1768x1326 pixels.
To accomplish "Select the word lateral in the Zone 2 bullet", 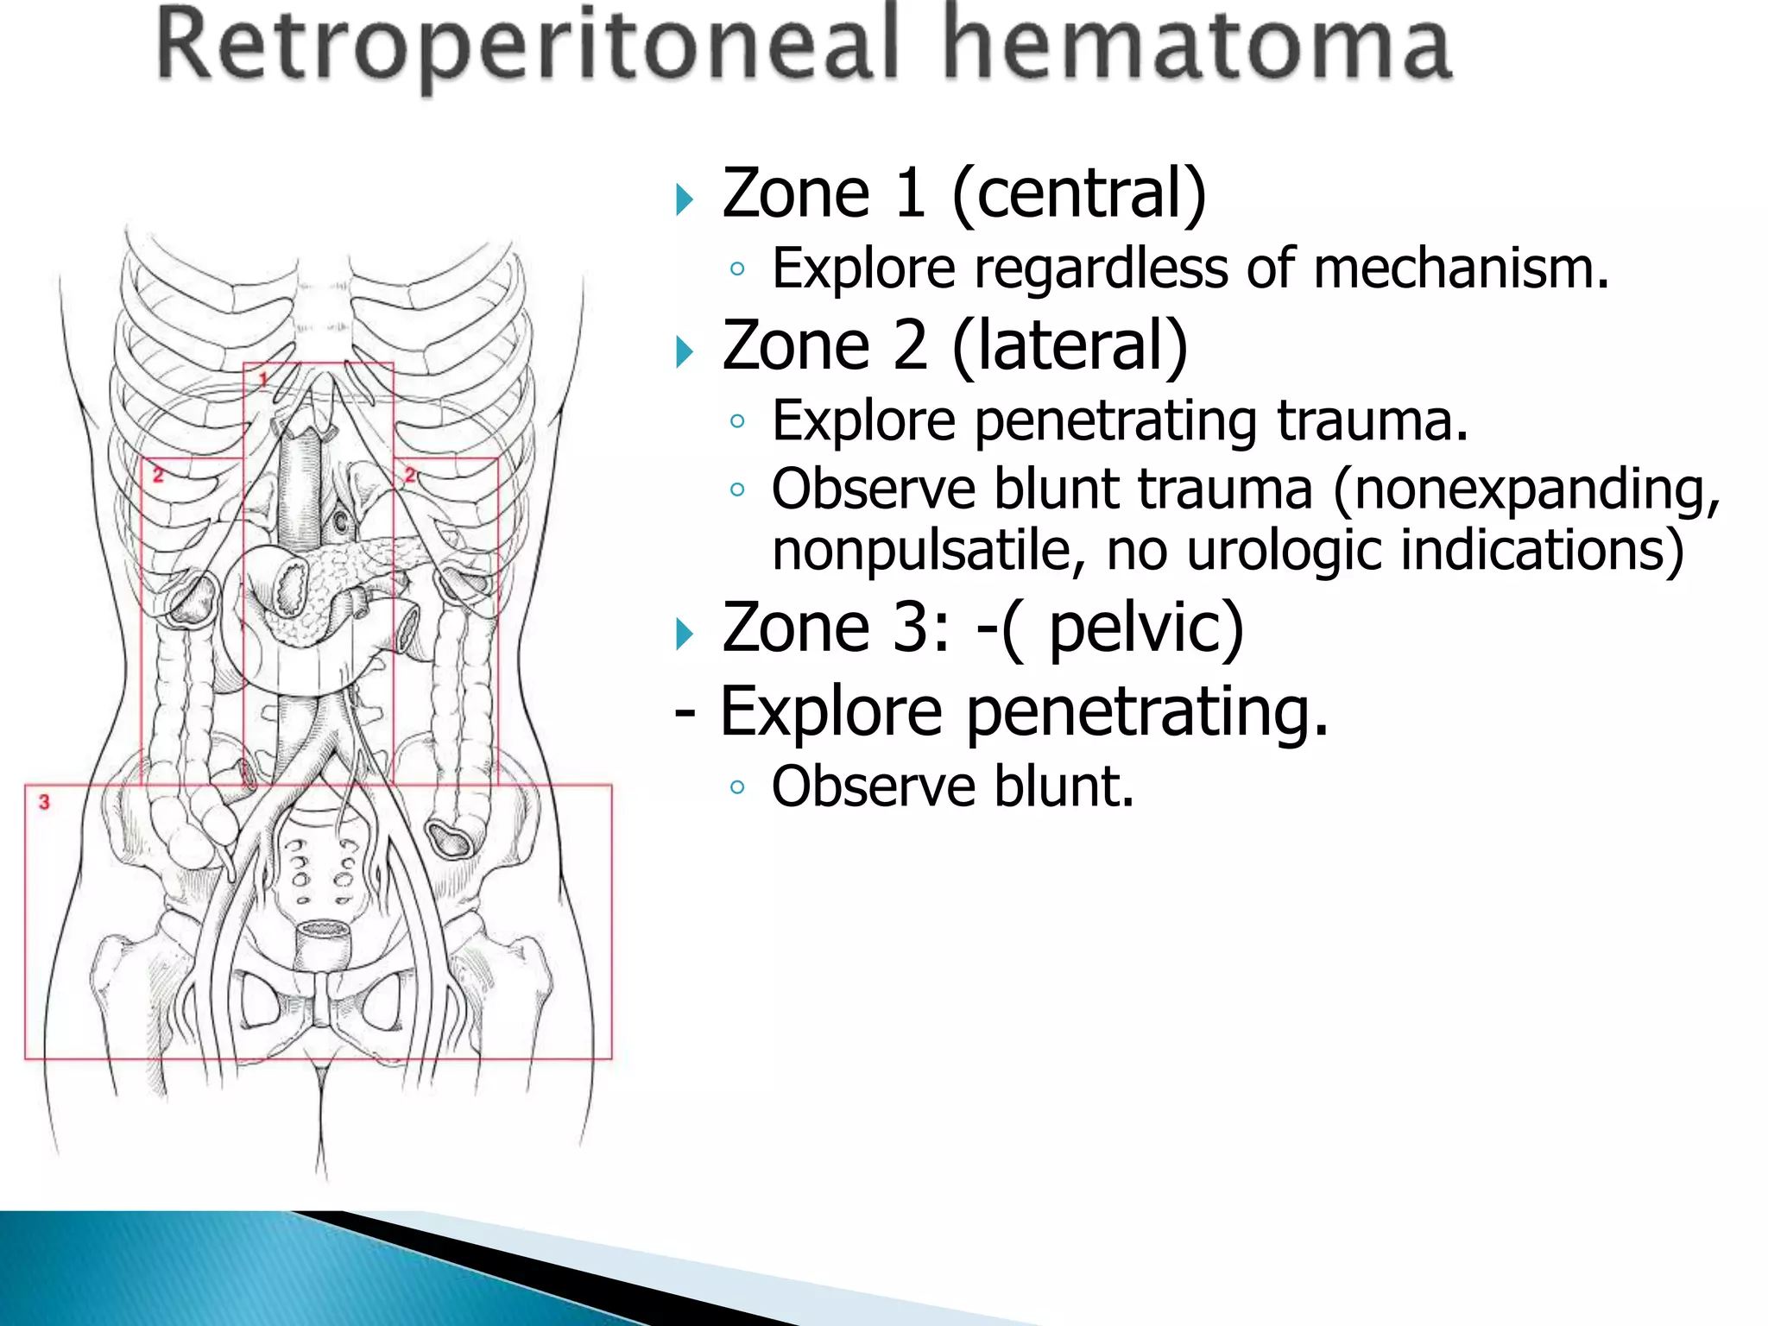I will (1070, 344).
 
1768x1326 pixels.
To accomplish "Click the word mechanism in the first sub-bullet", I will (1460, 268).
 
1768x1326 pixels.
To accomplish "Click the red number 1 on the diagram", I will (264, 378).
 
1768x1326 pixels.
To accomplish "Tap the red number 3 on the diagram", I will (44, 802).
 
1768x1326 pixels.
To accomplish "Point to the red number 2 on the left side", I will (158, 474).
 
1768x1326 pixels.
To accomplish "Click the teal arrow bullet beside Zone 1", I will (685, 199).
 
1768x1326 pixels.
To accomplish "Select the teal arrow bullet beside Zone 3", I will (685, 635).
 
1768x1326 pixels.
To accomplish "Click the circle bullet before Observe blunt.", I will (736, 787).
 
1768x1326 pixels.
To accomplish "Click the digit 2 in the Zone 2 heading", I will (911, 344).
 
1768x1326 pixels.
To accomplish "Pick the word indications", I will (1542, 550).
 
